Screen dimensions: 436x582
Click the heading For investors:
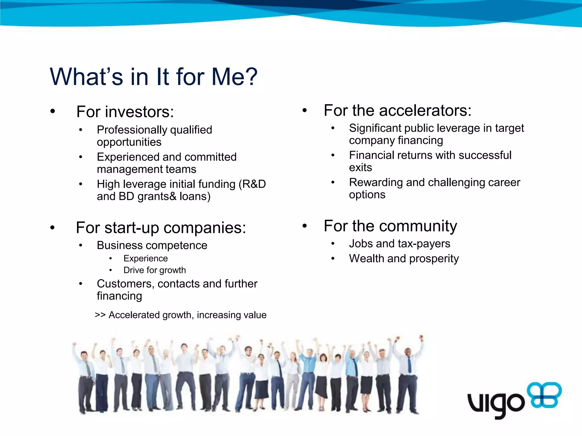125,112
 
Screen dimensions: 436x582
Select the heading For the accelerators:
397,110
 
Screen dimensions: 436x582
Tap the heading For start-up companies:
161,228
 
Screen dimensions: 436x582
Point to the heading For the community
390,226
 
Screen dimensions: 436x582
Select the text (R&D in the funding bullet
252,184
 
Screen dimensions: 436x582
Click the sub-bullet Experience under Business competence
145,259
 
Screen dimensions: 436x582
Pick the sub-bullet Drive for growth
155,270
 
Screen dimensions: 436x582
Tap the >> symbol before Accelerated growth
100,315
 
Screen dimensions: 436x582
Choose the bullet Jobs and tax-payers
399,244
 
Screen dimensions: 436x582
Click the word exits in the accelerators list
360,168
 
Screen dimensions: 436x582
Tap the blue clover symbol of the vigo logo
544,395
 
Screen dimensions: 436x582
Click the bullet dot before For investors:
53,111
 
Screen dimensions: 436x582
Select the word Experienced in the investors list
128,157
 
